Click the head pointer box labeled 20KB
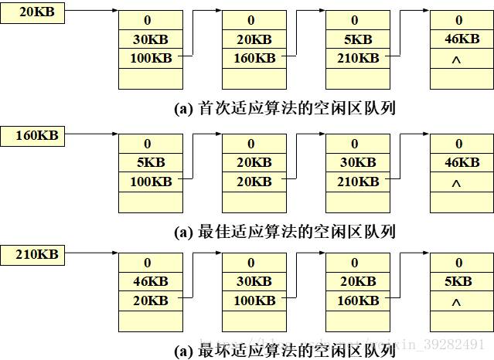click(32, 13)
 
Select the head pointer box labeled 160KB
click(32, 137)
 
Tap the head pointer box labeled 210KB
click(32, 254)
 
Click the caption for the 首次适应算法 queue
click(285, 109)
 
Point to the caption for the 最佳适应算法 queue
click(285, 232)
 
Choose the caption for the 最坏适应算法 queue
click(285, 352)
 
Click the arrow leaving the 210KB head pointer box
click(89, 254)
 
